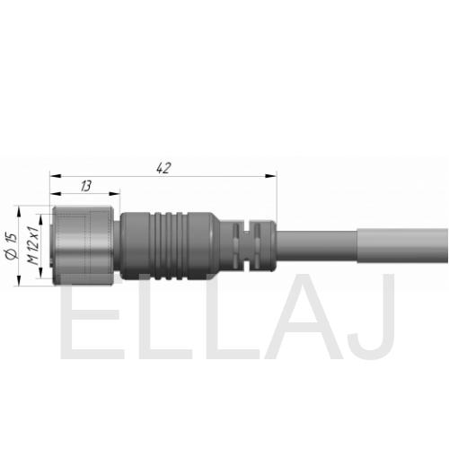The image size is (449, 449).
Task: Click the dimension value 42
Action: pos(163,168)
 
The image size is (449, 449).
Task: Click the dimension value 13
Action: pos(85,186)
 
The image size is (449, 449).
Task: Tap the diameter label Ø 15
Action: pos(12,246)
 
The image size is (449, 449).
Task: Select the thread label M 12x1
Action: pos(33,246)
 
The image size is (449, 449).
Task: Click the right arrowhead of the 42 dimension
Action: pos(271,176)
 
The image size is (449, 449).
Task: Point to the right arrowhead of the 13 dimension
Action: pos(114,194)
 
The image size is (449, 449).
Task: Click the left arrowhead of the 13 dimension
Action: pos(56,194)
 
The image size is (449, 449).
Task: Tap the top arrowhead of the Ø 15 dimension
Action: pos(19,211)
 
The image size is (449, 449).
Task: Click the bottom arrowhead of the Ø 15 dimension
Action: pos(19,281)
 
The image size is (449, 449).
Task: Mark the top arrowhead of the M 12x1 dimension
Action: pos(41,219)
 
